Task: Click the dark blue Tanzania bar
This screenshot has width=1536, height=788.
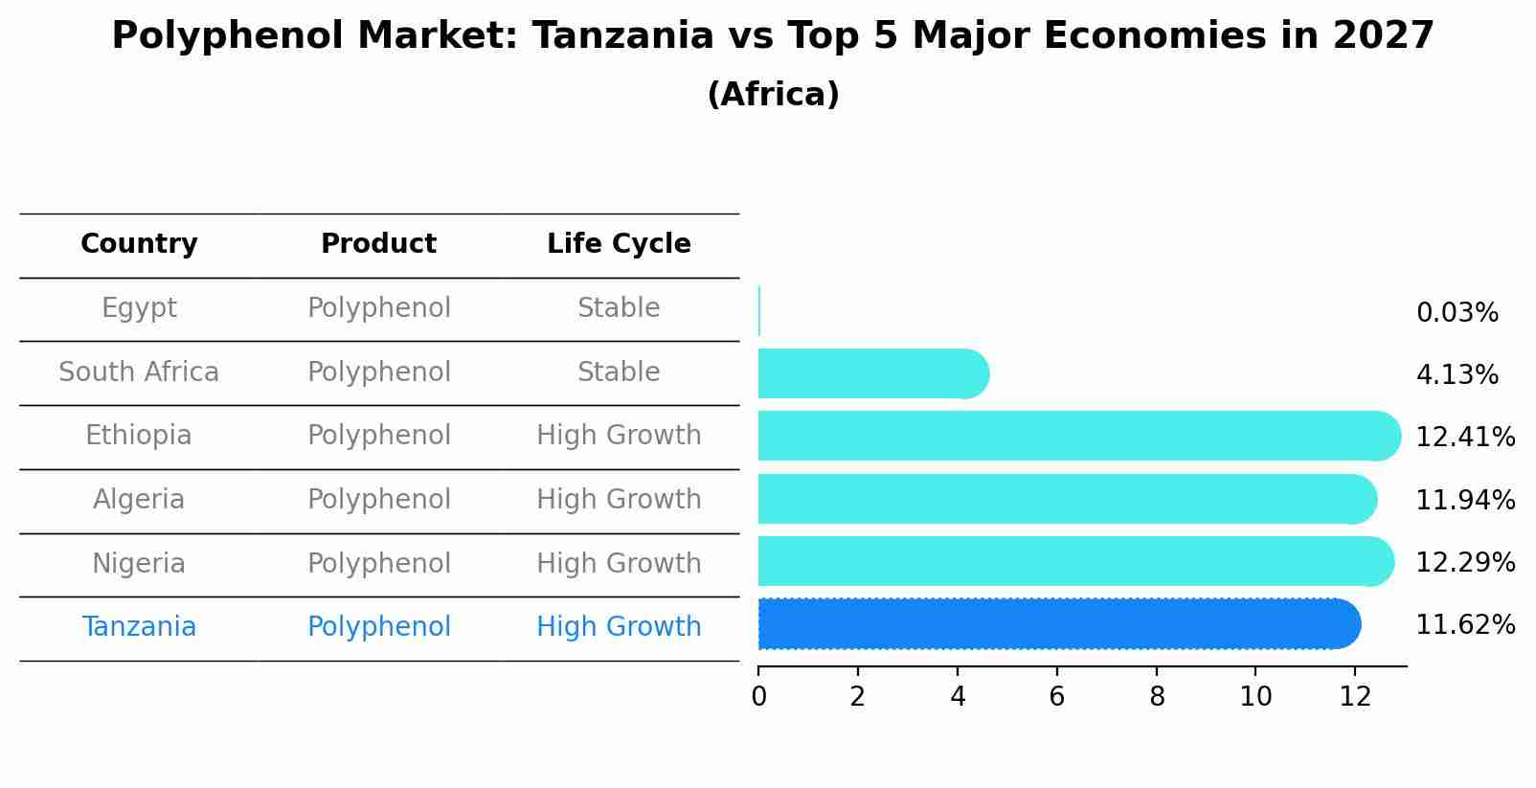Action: click(x=1059, y=623)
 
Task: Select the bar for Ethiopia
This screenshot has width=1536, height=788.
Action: click(x=1079, y=436)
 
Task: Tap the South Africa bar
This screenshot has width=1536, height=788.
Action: click(x=873, y=373)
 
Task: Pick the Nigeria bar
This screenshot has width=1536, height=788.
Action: click(x=1076, y=561)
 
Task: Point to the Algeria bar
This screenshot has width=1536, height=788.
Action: click(x=1068, y=499)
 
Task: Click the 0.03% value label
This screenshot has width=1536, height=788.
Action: click(x=1457, y=313)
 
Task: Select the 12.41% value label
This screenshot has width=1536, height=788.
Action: click(x=1465, y=437)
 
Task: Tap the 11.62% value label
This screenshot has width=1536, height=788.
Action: click(x=1465, y=625)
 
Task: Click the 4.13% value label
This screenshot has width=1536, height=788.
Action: click(x=1457, y=375)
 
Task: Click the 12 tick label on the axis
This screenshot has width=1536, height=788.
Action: click(x=1355, y=697)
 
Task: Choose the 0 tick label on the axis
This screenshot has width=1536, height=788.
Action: click(x=758, y=697)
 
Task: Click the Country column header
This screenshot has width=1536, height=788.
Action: click(x=139, y=243)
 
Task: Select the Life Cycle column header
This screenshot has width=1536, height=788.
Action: click(x=619, y=243)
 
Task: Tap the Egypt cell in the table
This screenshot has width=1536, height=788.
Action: click(x=139, y=308)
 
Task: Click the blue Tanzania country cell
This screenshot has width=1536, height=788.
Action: click(x=139, y=626)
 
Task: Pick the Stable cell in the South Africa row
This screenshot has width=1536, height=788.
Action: click(x=619, y=371)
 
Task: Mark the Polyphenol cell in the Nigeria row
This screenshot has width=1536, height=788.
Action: click(x=379, y=564)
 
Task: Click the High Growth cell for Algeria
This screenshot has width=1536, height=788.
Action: click(x=619, y=499)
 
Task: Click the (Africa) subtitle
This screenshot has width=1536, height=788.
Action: click(x=773, y=94)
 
